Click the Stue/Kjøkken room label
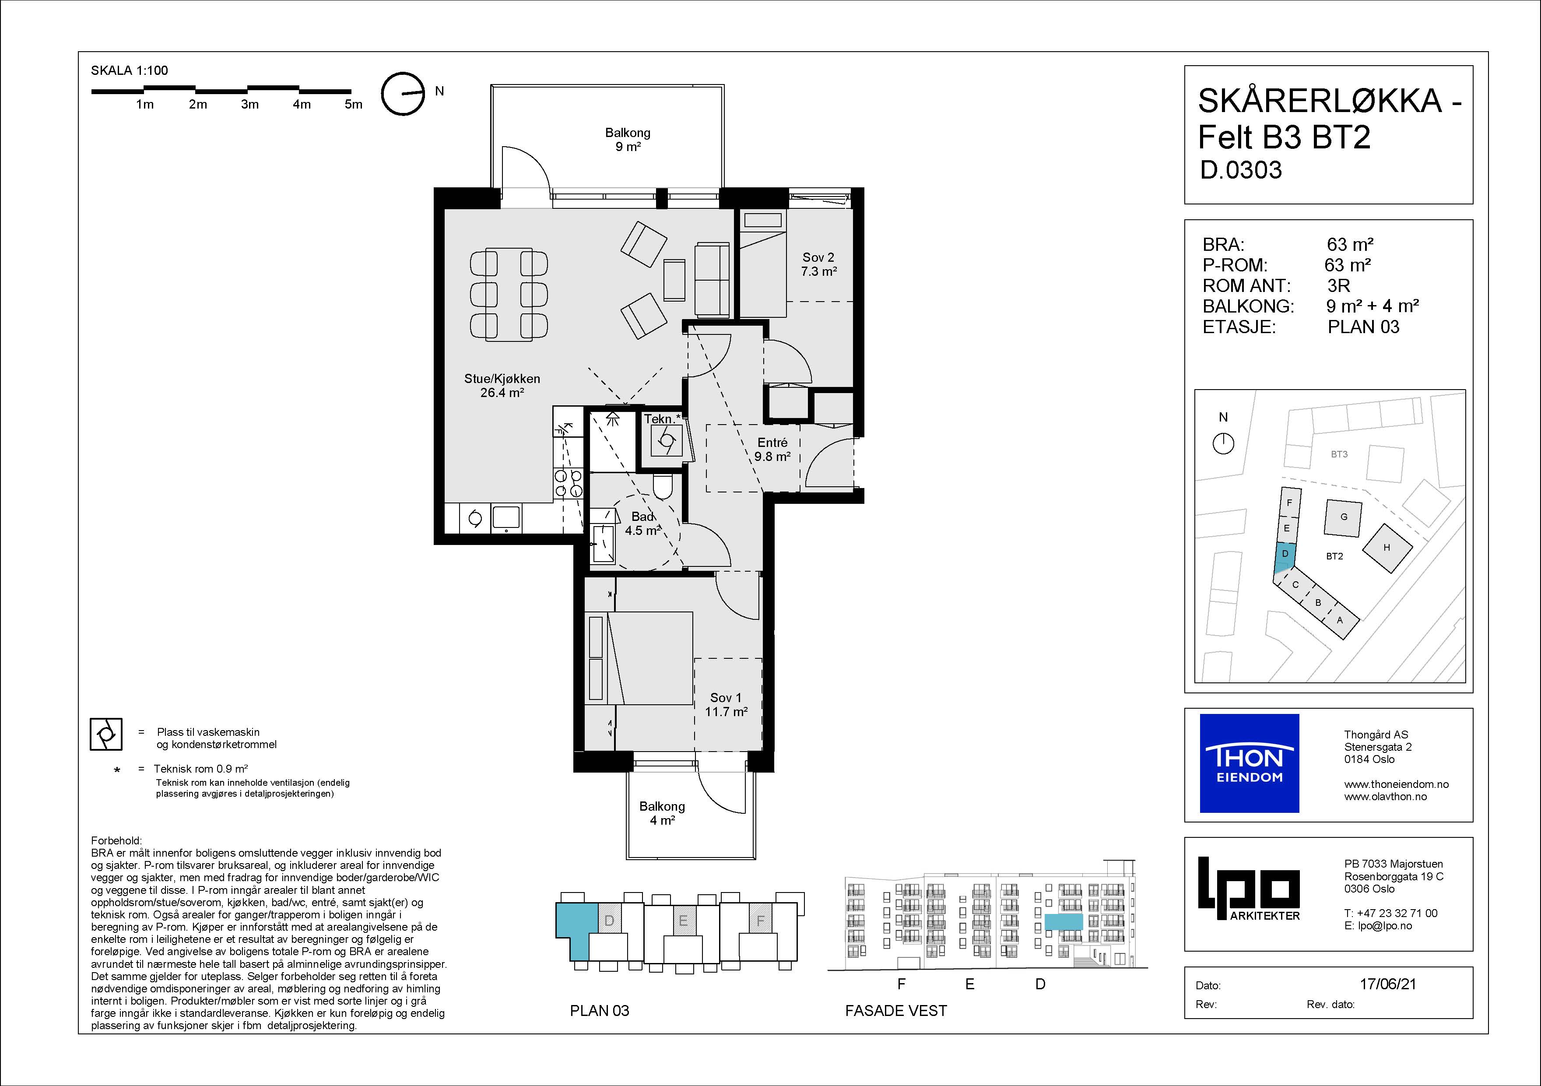click(x=502, y=385)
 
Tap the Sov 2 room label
click(x=818, y=264)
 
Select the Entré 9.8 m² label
click(x=772, y=450)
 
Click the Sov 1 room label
click(x=726, y=705)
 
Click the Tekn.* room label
click(x=662, y=419)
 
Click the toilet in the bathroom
click(x=663, y=488)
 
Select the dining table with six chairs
click(x=509, y=295)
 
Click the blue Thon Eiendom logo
click(x=1249, y=763)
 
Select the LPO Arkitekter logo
click(x=1249, y=889)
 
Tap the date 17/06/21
click(x=1388, y=984)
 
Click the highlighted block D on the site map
click(x=1284, y=556)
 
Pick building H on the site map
click(x=1387, y=548)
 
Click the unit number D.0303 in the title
click(x=1241, y=170)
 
